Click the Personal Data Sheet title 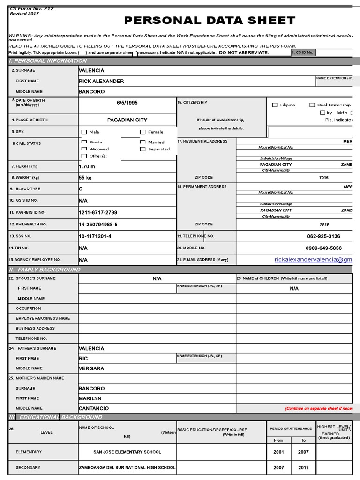click(x=210, y=20)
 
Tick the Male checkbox click(x=84, y=132)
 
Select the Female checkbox click(x=143, y=132)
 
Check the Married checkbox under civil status click(x=143, y=142)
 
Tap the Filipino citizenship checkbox click(x=275, y=105)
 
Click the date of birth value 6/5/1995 click(x=127, y=103)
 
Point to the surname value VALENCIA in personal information click(x=91, y=70)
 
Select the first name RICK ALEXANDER click(x=101, y=81)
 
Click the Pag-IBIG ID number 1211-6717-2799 click(x=98, y=212)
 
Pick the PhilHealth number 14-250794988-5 click(x=98, y=225)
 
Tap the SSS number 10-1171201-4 click(x=95, y=236)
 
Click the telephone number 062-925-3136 click(x=323, y=236)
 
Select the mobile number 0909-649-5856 click(x=323, y=248)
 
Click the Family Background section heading click(x=45, y=270)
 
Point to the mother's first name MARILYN click(x=90, y=398)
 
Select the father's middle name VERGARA click(x=91, y=368)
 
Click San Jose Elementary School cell click(x=127, y=452)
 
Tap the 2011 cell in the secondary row click(x=303, y=468)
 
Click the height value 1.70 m click(x=87, y=166)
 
